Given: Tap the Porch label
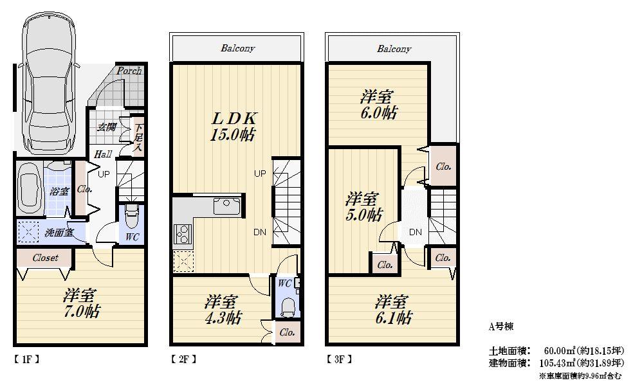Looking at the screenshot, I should (129, 71).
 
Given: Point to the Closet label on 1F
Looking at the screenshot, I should (42, 258).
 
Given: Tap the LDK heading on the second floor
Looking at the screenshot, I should (235, 118).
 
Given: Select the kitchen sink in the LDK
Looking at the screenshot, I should (226, 206).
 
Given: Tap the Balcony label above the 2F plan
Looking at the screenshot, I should (238, 48).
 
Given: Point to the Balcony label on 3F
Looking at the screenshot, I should (394, 49).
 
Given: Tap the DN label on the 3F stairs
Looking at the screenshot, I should (415, 231).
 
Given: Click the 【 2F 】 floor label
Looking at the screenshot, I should (183, 359).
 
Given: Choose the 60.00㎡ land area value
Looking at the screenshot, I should (557, 351).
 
